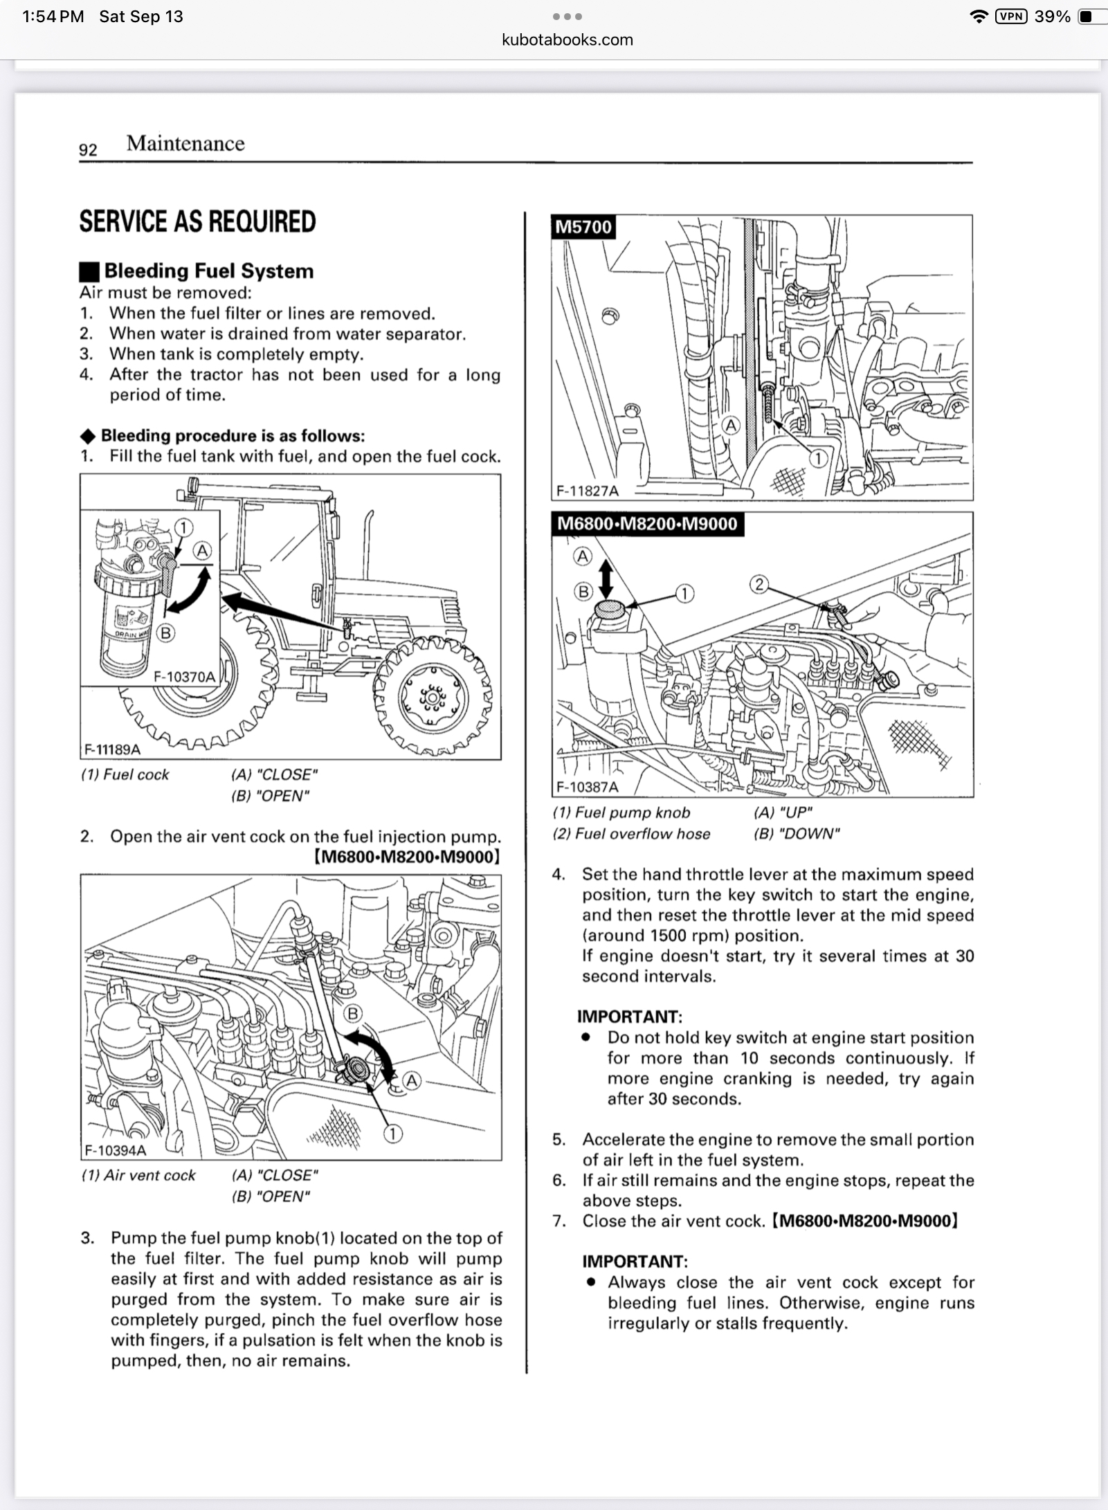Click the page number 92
click(88, 149)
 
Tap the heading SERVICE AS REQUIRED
click(197, 221)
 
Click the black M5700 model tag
click(583, 227)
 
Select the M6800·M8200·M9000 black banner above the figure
click(647, 524)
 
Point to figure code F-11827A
click(588, 491)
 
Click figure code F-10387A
click(588, 787)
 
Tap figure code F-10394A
click(115, 1150)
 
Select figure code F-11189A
click(112, 749)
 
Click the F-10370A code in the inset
click(184, 676)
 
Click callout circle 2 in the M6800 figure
click(759, 585)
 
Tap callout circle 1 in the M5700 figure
click(818, 458)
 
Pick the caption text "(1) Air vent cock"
click(138, 1175)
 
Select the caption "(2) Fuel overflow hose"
click(631, 834)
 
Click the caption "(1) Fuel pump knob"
click(621, 812)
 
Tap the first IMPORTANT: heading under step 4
click(630, 1017)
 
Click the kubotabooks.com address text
click(567, 39)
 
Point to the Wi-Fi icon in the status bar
click(979, 17)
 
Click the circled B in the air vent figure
click(353, 1014)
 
